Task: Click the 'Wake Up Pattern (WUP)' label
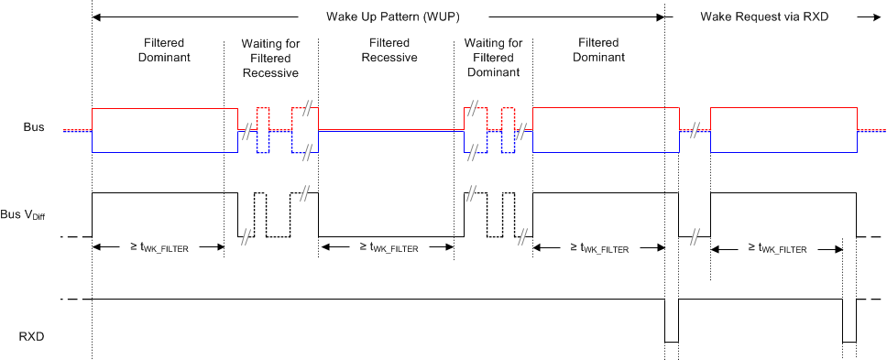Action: click(392, 16)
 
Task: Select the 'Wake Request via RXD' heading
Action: click(758, 16)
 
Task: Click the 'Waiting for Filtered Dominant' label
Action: click(493, 58)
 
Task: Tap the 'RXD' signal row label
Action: click(30, 336)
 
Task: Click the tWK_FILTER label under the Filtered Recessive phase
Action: click(387, 247)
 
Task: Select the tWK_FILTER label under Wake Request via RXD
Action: click(776, 247)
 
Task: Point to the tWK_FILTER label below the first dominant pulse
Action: click(159, 247)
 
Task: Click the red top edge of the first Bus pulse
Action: click(165, 108)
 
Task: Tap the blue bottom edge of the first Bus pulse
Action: click(165, 152)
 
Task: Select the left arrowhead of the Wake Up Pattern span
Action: click(97, 16)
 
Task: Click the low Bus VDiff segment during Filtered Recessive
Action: click(389, 237)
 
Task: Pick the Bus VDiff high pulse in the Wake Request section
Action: click(783, 193)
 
